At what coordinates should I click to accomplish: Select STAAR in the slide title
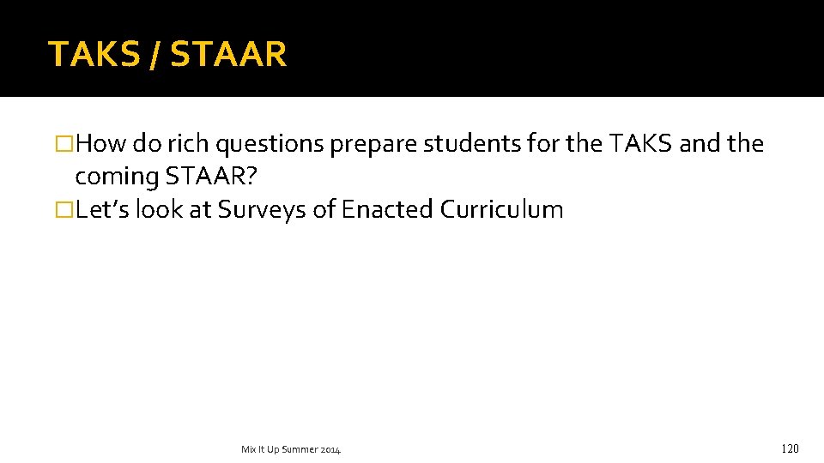pos(228,54)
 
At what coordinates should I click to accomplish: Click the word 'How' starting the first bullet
pos(101,144)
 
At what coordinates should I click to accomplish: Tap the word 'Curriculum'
pos(502,209)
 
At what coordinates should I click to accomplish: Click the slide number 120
pos(790,448)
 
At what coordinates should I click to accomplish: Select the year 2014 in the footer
pos(331,449)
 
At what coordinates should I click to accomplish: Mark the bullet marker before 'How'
pos(64,144)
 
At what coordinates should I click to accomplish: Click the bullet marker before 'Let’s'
pos(64,209)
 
